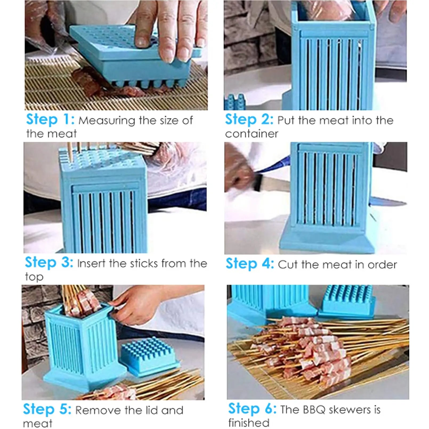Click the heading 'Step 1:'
click(x=50, y=119)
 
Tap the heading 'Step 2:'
click(x=249, y=119)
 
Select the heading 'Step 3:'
click(x=49, y=262)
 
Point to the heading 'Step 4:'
click(x=250, y=264)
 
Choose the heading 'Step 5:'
click(x=47, y=409)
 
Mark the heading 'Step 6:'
click(x=252, y=408)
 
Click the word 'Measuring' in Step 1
click(x=107, y=121)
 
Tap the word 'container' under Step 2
click(x=251, y=134)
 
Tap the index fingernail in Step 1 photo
click(x=141, y=41)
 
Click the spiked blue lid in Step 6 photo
click(x=346, y=301)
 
